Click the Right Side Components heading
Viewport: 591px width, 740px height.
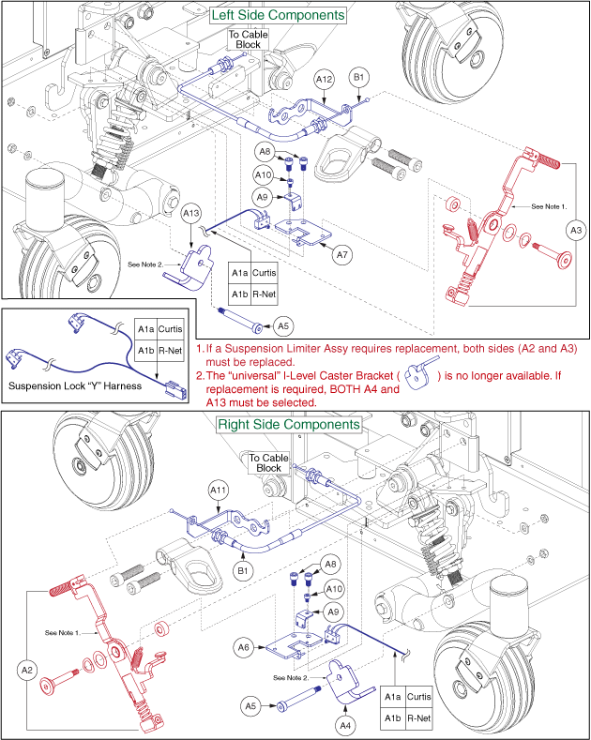(288, 425)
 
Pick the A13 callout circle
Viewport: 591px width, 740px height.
(191, 214)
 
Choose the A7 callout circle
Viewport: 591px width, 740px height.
(342, 253)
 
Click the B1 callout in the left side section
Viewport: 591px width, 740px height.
(357, 76)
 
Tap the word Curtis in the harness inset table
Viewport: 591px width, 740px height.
(170, 329)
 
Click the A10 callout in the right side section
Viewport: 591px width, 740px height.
(331, 589)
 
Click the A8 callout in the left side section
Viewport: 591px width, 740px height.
(264, 151)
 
